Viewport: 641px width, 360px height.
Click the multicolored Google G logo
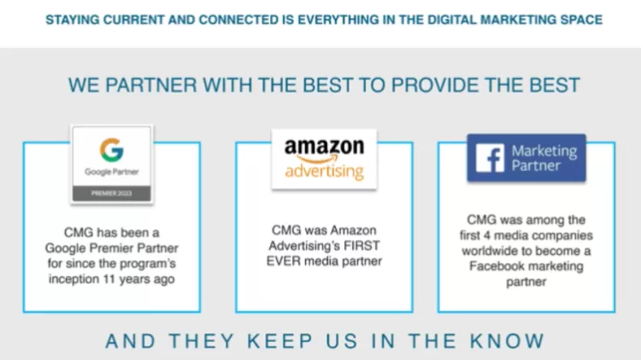[x=112, y=150]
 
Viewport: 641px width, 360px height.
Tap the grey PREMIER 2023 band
[x=112, y=193]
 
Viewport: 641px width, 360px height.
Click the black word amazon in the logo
[x=324, y=146]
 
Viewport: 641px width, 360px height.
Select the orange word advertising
[x=324, y=171]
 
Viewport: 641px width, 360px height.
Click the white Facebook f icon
[x=491, y=158]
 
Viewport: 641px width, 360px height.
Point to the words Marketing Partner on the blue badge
[x=544, y=158]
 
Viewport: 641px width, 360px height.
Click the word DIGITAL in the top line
[x=452, y=20]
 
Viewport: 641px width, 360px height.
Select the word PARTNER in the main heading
[x=150, y=86]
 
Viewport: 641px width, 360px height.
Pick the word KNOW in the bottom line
[x=507, y=341]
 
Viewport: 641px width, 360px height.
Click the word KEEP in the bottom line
[x=280, y=341]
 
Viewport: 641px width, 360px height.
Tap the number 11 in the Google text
[x=109, y=279]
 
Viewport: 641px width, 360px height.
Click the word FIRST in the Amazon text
[x=362, y=245]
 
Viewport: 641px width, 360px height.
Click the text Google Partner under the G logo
[x=112, y=172]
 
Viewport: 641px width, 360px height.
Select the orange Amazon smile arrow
[x=318, y=159]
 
